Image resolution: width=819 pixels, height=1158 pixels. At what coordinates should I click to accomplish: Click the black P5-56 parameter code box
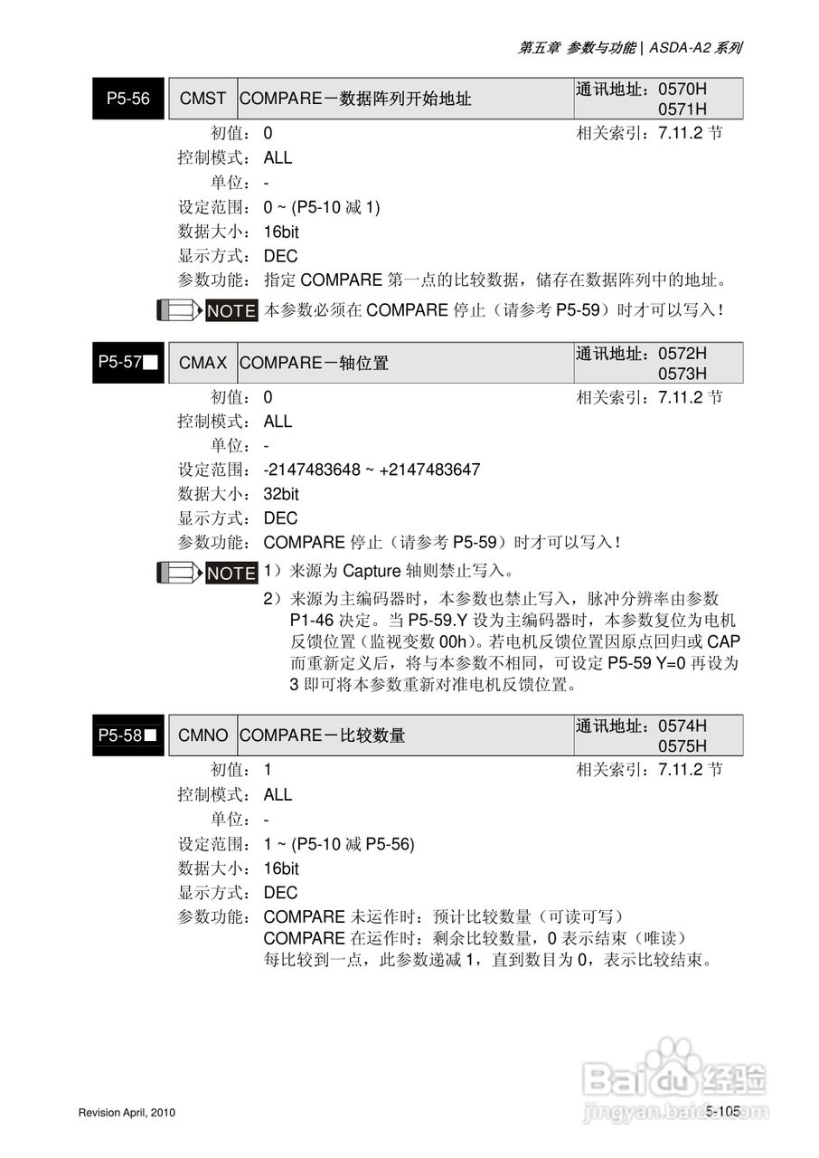pyautogui.click(x=128, y=99)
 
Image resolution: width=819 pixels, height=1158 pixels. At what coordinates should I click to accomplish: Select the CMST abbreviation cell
pyautogui.click(x=202, y=99)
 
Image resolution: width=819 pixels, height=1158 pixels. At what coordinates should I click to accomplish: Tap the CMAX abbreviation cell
pyautogui.click(x=202, y=363)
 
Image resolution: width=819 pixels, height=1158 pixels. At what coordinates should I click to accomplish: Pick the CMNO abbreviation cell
pyautogui.click(x=202, y=736)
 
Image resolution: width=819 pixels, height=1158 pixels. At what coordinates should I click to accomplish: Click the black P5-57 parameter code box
pyautogui.click(x=128, y=363)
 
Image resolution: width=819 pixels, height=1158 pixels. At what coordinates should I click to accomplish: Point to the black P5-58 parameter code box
pyautogui.click(x=128, y=736)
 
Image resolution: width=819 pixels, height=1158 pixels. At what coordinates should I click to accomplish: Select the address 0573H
pyautogui.click(x=682, y=373)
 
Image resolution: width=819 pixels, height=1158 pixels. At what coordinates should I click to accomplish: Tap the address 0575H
pyautogui.click(x=682, y=745)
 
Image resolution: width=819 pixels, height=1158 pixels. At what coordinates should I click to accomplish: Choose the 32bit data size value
pyautogui.click(x=281, y=494)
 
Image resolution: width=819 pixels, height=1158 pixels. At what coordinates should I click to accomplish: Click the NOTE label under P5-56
pyautogui.click(x=231, y=310)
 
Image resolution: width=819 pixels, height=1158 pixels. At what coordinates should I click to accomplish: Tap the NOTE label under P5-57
pyautogui.click(x=231, y=573)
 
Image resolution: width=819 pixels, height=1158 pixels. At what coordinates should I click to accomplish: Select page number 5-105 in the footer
pyautogui.click(x=722, y=1111)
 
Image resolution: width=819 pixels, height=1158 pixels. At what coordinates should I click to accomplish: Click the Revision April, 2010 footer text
pyautogui.click(x=127, y=1112)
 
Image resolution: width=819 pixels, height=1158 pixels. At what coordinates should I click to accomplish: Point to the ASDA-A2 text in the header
pyautogui.click(x=677, y=48)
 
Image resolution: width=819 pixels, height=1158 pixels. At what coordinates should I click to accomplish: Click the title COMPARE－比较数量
pyautogui.click(x=322, y=736)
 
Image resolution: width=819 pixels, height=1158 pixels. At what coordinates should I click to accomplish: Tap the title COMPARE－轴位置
pyautogui.click(x=314, y=363)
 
